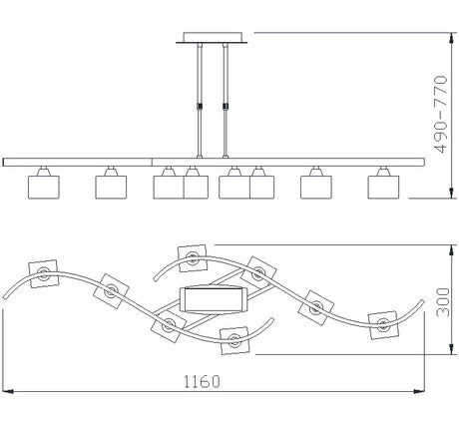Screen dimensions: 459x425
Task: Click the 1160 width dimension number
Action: coord(202,381)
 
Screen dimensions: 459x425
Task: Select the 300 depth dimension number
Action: coord(443,302)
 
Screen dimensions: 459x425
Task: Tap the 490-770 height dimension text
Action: coord(441,114)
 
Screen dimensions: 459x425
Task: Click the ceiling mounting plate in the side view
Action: coord(212,38)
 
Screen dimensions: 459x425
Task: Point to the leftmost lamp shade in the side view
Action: coord(44,188)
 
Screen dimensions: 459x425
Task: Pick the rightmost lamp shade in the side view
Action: coord(383,188)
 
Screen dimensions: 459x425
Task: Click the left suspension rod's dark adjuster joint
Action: coord(200,107)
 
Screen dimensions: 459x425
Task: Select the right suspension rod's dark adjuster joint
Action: coord(226,107)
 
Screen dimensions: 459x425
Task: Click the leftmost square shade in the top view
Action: coord(44,273)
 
